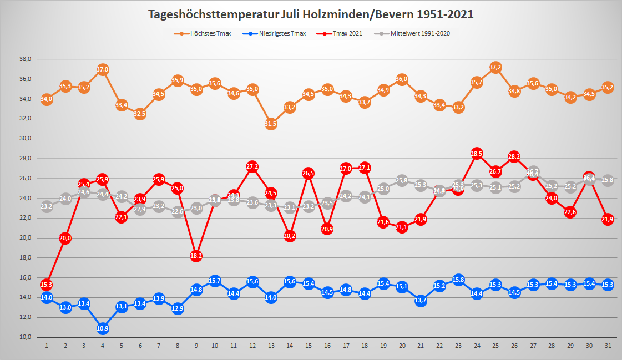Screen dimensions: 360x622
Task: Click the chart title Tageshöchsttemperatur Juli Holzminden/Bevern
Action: [x=311, y=14]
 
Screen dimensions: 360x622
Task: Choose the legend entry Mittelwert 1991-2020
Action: [x=419, y=33]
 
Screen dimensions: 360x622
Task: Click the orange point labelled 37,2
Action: [x=495, y=68]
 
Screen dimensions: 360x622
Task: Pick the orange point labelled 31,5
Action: [x=271, y=124]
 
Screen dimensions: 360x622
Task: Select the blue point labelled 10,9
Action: [x=103, y=328]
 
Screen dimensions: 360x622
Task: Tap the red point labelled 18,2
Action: [x=196, y=256]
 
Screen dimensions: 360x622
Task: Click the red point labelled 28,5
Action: [x=477, y=154]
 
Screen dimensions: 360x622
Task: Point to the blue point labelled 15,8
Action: [x=458, y=280]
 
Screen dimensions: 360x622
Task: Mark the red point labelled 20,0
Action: [x=65, y=238]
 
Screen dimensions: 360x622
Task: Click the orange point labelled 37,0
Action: [x=103, y=69]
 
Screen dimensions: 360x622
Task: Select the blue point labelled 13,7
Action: [x=421, y=301]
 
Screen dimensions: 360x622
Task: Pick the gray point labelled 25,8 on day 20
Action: [x=402, y=180]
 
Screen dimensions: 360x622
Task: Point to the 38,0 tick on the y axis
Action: [x=25, y=59]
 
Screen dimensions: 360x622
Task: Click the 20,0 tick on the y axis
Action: [x=25, y=238]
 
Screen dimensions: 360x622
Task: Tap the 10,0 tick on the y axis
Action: [x=25, y=337]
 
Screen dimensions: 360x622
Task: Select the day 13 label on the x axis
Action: [x=271, y=346]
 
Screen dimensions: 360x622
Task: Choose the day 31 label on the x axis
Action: [x=608, y=346]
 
